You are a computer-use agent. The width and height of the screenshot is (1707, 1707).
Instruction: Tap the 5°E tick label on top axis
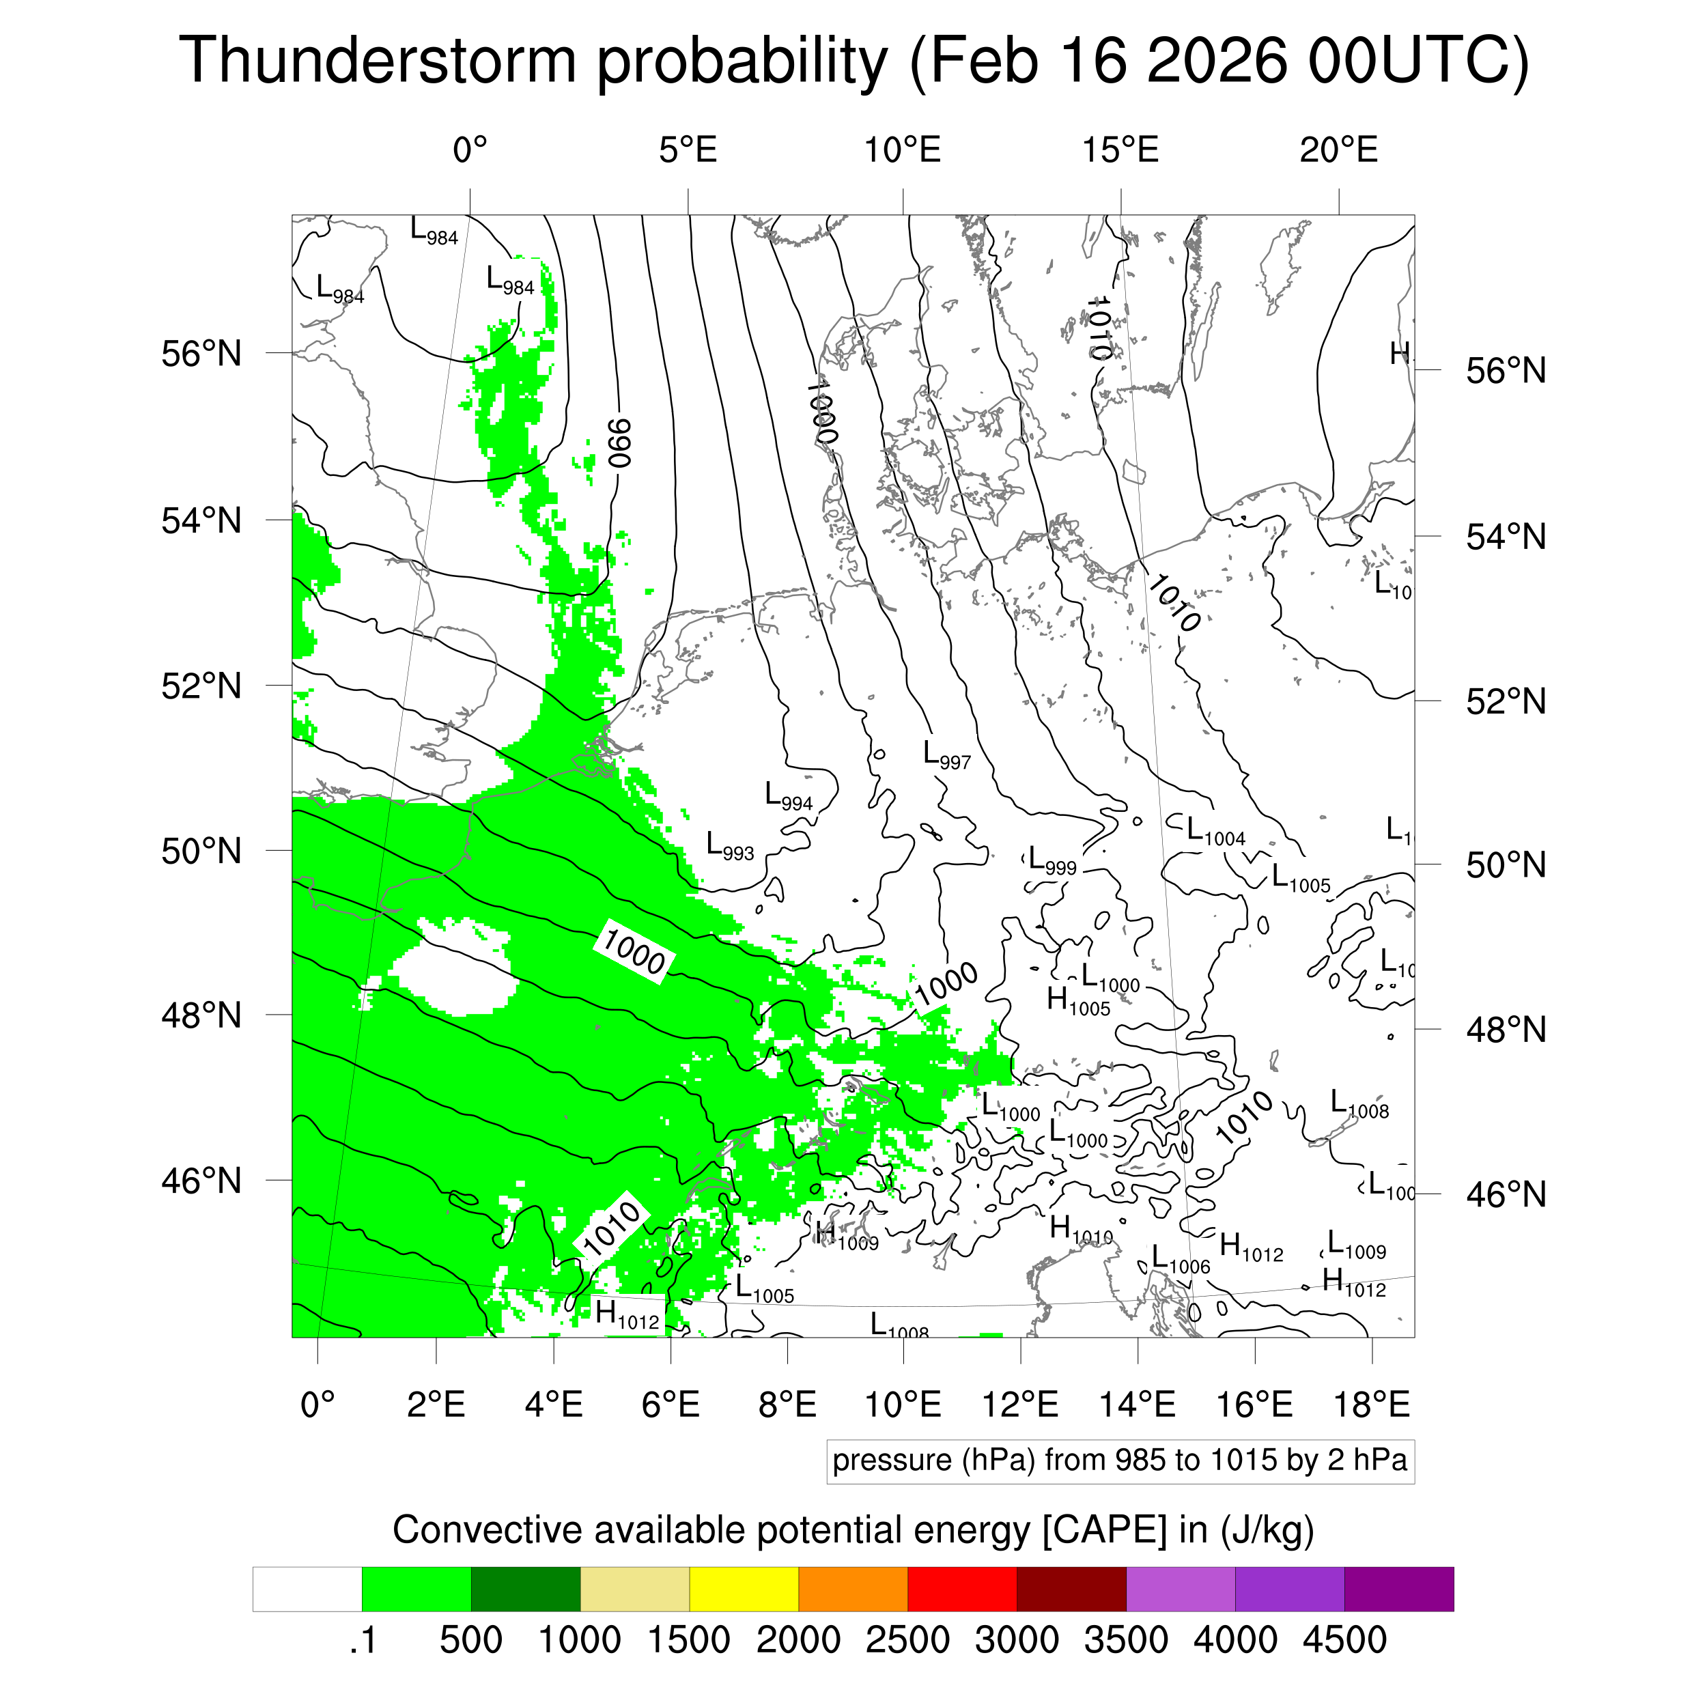click(688, 150)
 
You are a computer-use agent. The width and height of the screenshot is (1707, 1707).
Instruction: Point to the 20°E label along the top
click(1338, 150)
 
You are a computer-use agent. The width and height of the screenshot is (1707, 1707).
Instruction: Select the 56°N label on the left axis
click(201, 354)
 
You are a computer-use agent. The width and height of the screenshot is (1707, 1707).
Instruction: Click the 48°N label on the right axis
click(1506, 1030)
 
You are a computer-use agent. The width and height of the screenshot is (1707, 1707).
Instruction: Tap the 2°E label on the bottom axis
click(436, 1404)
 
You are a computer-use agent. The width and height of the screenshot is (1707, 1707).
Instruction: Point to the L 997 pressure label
click(946, 755)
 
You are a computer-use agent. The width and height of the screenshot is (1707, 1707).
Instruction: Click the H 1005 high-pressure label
click(1077, 1001)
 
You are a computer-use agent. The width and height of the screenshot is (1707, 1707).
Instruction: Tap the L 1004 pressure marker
click(1215, 832)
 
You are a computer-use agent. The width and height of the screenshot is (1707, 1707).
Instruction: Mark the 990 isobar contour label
click(620, 442)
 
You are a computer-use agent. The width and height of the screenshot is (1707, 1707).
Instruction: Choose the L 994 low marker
click(787, 796)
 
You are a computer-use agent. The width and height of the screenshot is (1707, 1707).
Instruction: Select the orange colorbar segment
click(853, 1590)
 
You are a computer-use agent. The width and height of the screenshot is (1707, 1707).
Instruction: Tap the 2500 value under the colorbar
click(907, 1641)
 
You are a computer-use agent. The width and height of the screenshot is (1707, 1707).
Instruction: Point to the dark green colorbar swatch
click(525, 1590)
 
